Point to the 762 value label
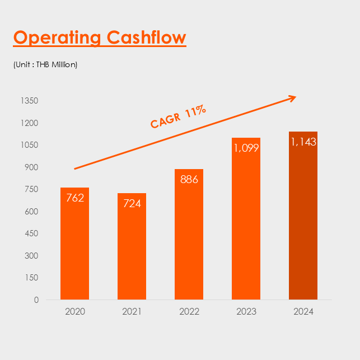[x=74, y=197]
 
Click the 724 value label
[x=132, y=203]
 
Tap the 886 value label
[x=189, y=179]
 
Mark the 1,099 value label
[x=246, y=148]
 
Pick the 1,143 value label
[x=303, y=142]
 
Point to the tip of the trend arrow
[x=295, y=97]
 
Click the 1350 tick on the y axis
[x=29, y=101]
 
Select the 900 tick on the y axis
[x=31, y=167]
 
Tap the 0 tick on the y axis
[x=36, y=300]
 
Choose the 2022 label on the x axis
[x=189, y=311]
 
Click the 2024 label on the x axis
[x=303, y=311]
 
